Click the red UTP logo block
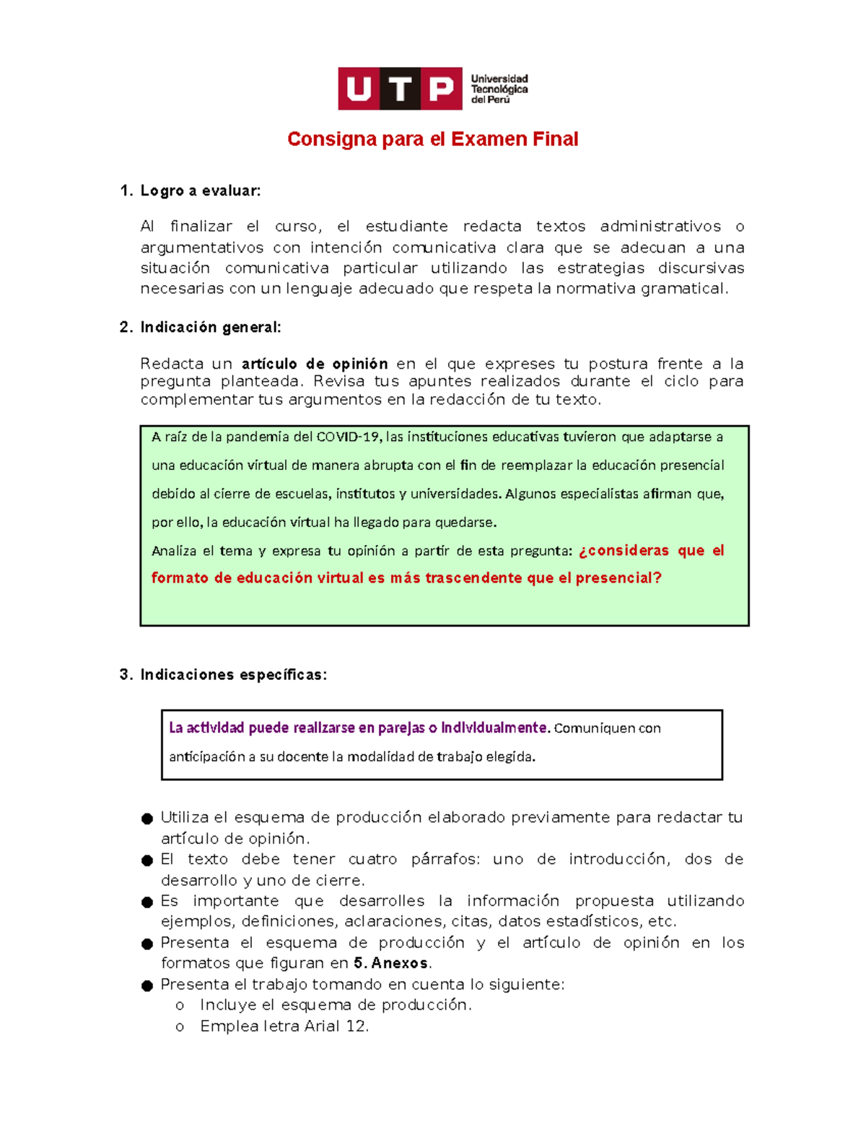(x=400, y=89)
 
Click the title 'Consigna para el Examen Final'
(x=432, y=139)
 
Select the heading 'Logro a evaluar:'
(x=200, y=191)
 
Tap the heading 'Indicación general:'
(x=210, y=327)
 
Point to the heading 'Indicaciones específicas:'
(x=233, y=674)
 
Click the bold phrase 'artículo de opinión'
(x=315, y=364)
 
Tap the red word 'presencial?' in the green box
(x=618, y=578)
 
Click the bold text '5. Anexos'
(x=390, y=963)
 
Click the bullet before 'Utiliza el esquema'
(x=147, y=819)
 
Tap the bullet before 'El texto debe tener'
(x=147, y=860)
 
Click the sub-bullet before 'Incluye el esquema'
(x=180, y=1006)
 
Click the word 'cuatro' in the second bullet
(x=372, y=859)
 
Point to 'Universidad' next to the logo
(x=499, y=79)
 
